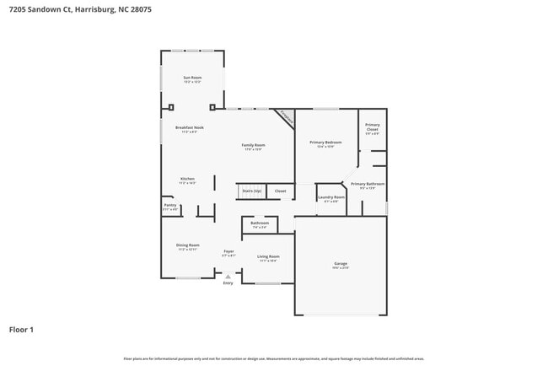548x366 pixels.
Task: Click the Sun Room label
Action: (192, 78)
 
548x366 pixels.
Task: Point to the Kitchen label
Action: (187, 179)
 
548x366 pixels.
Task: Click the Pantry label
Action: (169, 205)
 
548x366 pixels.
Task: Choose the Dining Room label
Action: (187, 245)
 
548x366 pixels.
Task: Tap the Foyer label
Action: (228, 251)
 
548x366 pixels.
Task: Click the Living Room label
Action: (268, 256)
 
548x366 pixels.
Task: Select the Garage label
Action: (340, 264)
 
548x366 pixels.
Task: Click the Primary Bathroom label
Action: (368, 184)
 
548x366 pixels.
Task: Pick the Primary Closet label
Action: (372, 126)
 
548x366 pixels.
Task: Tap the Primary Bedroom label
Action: (325, 143)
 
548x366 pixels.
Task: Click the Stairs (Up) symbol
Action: (251, 191)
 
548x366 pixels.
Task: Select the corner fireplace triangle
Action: (287, 116)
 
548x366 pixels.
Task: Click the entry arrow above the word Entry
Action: (228, 275)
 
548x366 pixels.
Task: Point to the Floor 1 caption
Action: (22, 330)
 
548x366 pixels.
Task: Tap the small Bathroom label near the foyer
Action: (260, 223)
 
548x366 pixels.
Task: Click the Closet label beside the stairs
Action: (280, 191)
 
